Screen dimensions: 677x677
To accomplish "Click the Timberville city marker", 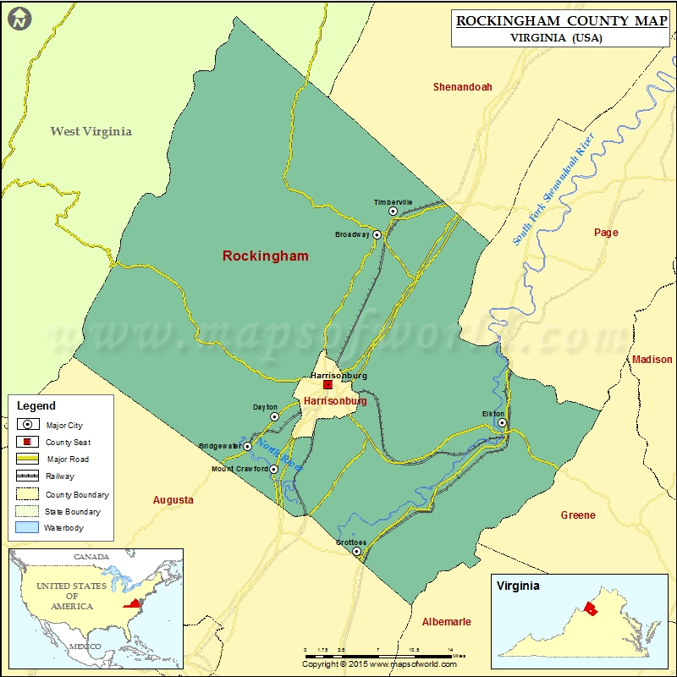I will (x=393, y=212).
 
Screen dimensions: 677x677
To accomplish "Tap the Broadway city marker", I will (x=377, y=234).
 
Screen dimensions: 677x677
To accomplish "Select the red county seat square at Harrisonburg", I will (x=327, y=384).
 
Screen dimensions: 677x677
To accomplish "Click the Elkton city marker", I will (x=502, y=422).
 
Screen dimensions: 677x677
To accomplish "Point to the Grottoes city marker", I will (x=356, y=551).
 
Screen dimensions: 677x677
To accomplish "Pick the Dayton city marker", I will (x=274, y=416).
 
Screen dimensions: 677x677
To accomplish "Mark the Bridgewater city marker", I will (x=247, y=446).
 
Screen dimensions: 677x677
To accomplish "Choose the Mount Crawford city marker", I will (x=273, y=469).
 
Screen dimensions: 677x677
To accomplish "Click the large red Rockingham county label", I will (x=265, y=256).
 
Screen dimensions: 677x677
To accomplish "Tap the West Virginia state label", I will (x=91, y=131).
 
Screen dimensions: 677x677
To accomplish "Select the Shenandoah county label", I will (x=462, y=87).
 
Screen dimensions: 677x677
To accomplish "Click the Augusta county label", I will (x=173, y=500).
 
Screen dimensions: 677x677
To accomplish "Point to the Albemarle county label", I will (x=446, y=622).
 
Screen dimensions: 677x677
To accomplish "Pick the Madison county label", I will (x=652, y=360).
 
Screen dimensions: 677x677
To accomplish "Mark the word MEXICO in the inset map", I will (x=85, y=647).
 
